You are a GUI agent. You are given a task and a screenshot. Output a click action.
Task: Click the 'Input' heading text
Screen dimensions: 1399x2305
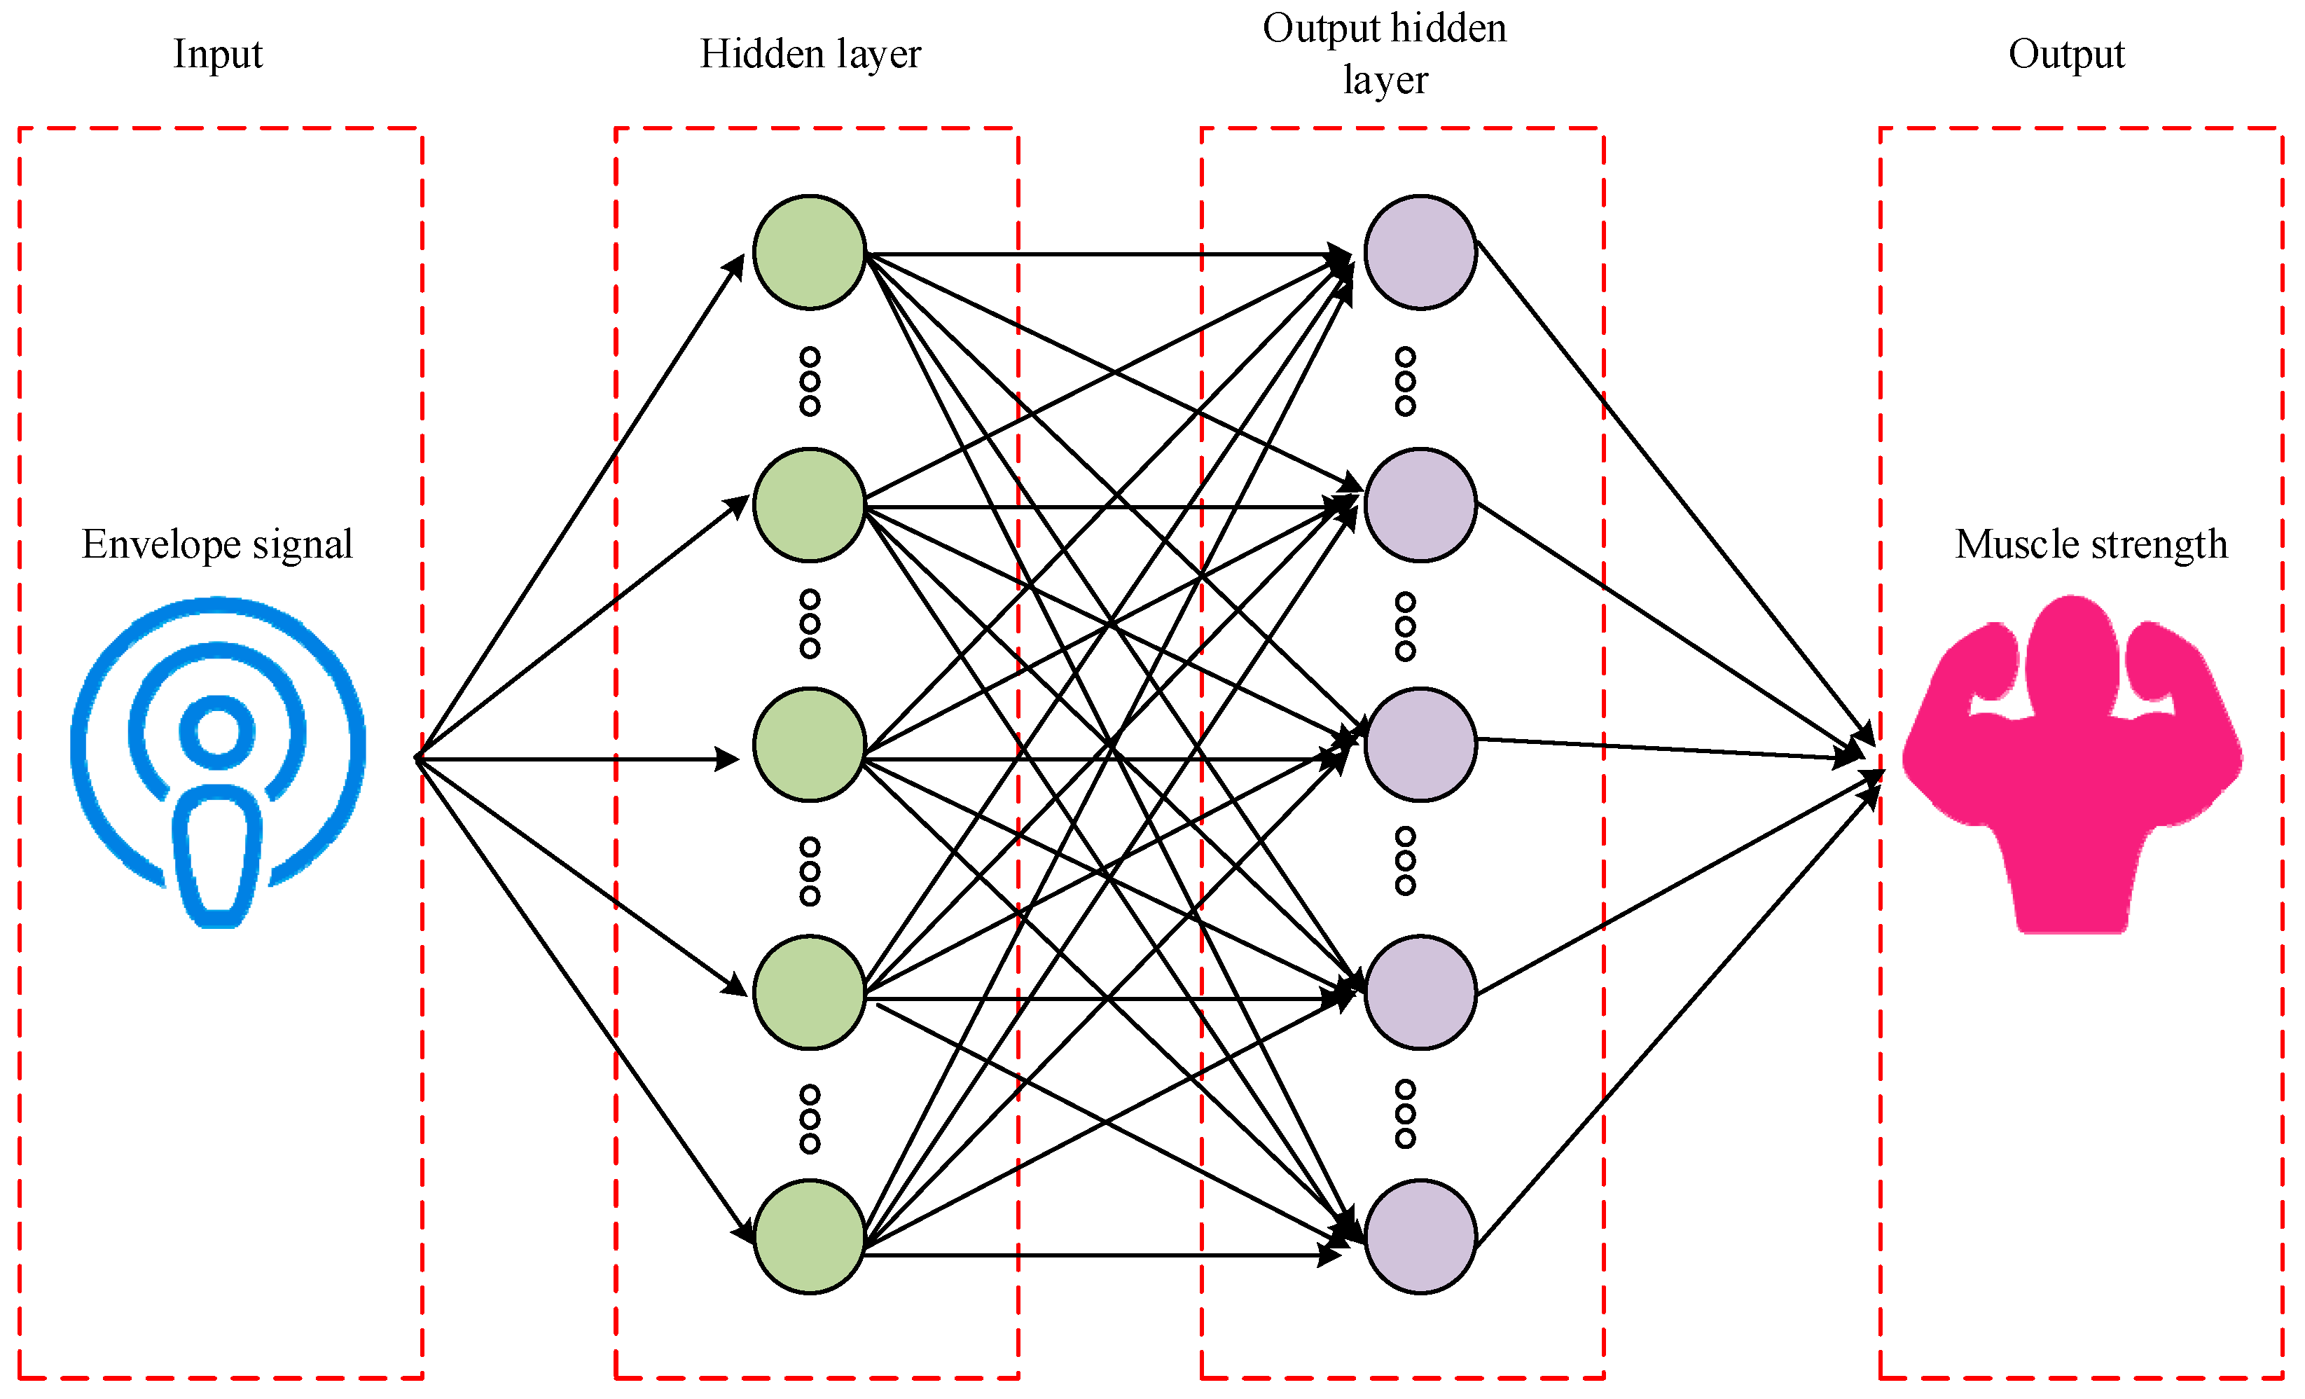point(218,54)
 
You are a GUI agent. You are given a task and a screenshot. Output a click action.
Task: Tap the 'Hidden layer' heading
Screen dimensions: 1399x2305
point(810,54)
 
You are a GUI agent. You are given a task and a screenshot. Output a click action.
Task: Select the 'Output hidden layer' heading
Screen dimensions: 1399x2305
point(1385,53)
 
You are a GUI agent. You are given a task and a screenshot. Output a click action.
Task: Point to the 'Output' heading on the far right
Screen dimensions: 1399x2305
point(2066,54)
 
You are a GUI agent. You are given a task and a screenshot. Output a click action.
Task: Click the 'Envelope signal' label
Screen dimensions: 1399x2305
point(217,544)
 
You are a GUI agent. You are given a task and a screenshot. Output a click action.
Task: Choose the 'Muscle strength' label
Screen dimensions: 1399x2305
point(2091,544)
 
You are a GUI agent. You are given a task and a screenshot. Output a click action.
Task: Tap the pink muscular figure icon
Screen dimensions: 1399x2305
point(2071,763)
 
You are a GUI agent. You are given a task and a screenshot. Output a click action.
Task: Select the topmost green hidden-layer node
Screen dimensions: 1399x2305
point(809,251)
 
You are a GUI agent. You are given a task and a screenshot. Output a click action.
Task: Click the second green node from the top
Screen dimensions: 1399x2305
point(809,505)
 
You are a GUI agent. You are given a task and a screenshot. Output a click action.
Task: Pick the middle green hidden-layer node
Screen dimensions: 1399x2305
point(809,745)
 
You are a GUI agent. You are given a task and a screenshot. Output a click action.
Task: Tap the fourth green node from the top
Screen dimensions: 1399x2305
point(809,992)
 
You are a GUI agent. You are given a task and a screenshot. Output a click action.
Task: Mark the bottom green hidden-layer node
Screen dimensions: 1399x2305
point(809,1237)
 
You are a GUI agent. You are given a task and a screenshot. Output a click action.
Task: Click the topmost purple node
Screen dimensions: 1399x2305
point(1420,251)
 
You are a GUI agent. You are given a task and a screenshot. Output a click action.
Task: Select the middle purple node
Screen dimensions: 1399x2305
point(1420,745)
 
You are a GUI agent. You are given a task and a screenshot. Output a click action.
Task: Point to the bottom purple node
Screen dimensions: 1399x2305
point(1420,1237)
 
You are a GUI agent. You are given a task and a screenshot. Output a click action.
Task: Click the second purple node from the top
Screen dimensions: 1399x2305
point(1420,505)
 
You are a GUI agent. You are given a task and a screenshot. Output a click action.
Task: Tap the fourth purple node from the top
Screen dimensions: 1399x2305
point(1420,992)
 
